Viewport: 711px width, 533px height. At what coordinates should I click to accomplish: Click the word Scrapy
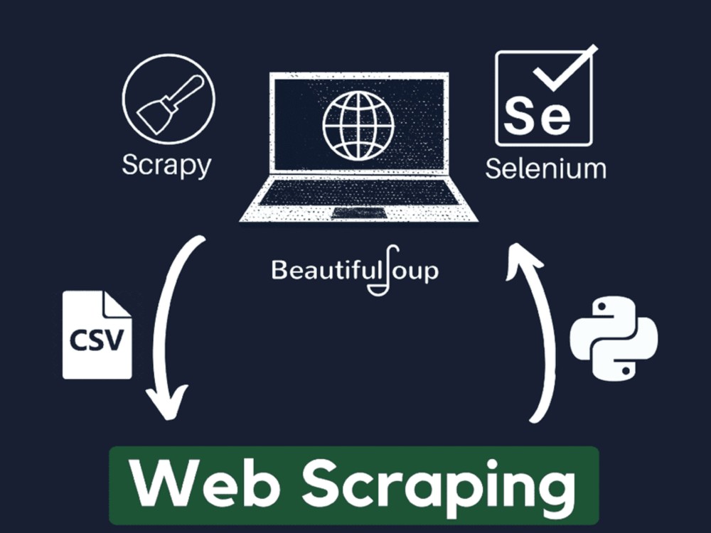click(166, 165)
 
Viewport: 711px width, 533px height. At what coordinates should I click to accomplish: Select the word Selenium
click(545, 168)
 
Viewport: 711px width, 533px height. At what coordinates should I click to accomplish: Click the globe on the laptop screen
click(358, 125)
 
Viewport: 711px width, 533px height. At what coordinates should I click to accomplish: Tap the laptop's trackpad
click(359, 213)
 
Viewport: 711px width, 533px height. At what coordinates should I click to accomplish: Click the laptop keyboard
click(358, 192)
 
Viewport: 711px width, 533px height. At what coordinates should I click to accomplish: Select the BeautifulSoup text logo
click(355, 271)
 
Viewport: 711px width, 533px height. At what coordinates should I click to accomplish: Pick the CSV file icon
click(97, 335)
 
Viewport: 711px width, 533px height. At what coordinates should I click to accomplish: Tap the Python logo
click(614, 338)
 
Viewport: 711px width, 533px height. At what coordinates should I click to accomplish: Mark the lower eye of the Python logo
click(626, 370)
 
